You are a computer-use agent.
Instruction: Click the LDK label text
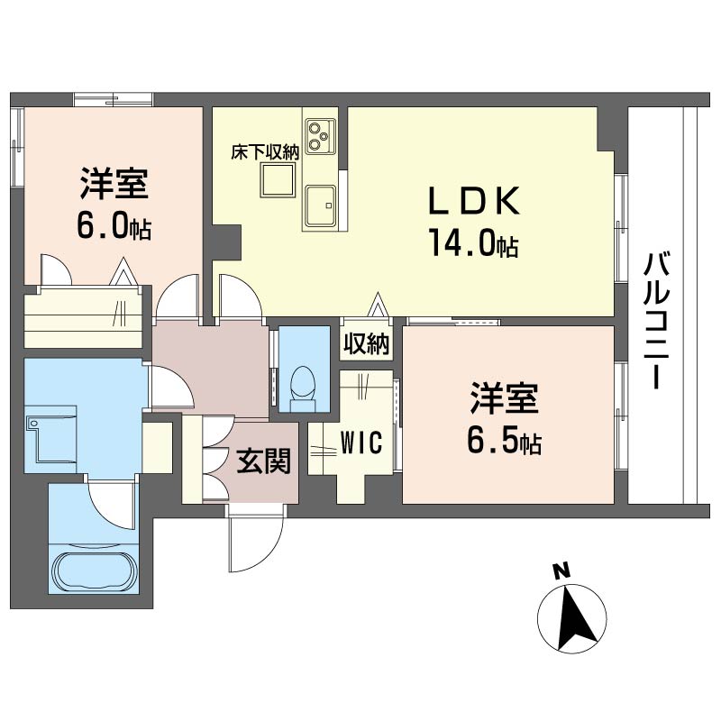pyautogui.click(x=474, y=200)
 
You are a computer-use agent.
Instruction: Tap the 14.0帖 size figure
pyautogui.click(x=474, y=242)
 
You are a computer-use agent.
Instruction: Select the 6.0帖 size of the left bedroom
pyautogui.click(x=114, y=225)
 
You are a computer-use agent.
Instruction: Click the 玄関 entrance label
pyautogui.click(x=264, y=461)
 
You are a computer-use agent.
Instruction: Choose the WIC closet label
pyautogui.click(x=361, y=443)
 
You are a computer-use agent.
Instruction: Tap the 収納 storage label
pyautogui.click(x=367, y=343)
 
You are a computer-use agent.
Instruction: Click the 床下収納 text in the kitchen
pyautogui.click(x=265, y=152)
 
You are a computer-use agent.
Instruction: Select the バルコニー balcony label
pyautogui.click(x=656, y=321)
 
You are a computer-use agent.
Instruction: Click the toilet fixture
pyautogui.click(x=304, y=388)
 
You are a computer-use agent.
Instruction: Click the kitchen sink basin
pyautogui.click(x=320, y=205)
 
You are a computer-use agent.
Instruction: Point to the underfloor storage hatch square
pyautogui.click(x=278, y=180)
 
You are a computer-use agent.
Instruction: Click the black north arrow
pyautogui.click(x=573, y=617)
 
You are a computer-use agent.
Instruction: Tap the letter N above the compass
pyautogui.click(x=561, y=570)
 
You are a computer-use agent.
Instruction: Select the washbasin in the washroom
pyautogui.click(x=51, y=439)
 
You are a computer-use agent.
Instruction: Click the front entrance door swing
pyautogui.click(x=256, y=543)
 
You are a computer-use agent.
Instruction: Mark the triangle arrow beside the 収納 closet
pyautogui.click(x=378, y=304)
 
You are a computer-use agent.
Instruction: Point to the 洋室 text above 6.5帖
pyautogui.click(x=504, y=398)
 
